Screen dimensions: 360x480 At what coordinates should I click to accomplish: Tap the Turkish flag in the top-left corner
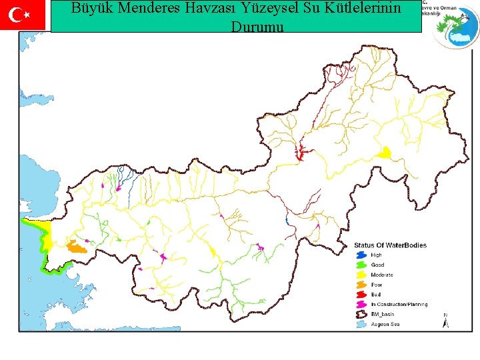point(23,15)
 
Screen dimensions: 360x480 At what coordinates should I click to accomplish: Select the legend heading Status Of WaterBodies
point(390,245)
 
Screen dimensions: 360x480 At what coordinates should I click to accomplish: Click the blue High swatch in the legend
point(361,255)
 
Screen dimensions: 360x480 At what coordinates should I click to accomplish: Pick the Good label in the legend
point(377,265)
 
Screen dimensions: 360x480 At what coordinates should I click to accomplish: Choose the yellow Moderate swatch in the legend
point(361,275)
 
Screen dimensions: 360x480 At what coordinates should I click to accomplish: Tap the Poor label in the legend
point(377,285)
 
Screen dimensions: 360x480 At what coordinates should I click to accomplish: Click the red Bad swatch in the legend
point(361,295)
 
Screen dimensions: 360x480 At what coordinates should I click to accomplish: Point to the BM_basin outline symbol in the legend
point(361,315)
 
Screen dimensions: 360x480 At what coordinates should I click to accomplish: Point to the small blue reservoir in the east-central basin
point(286,220)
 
